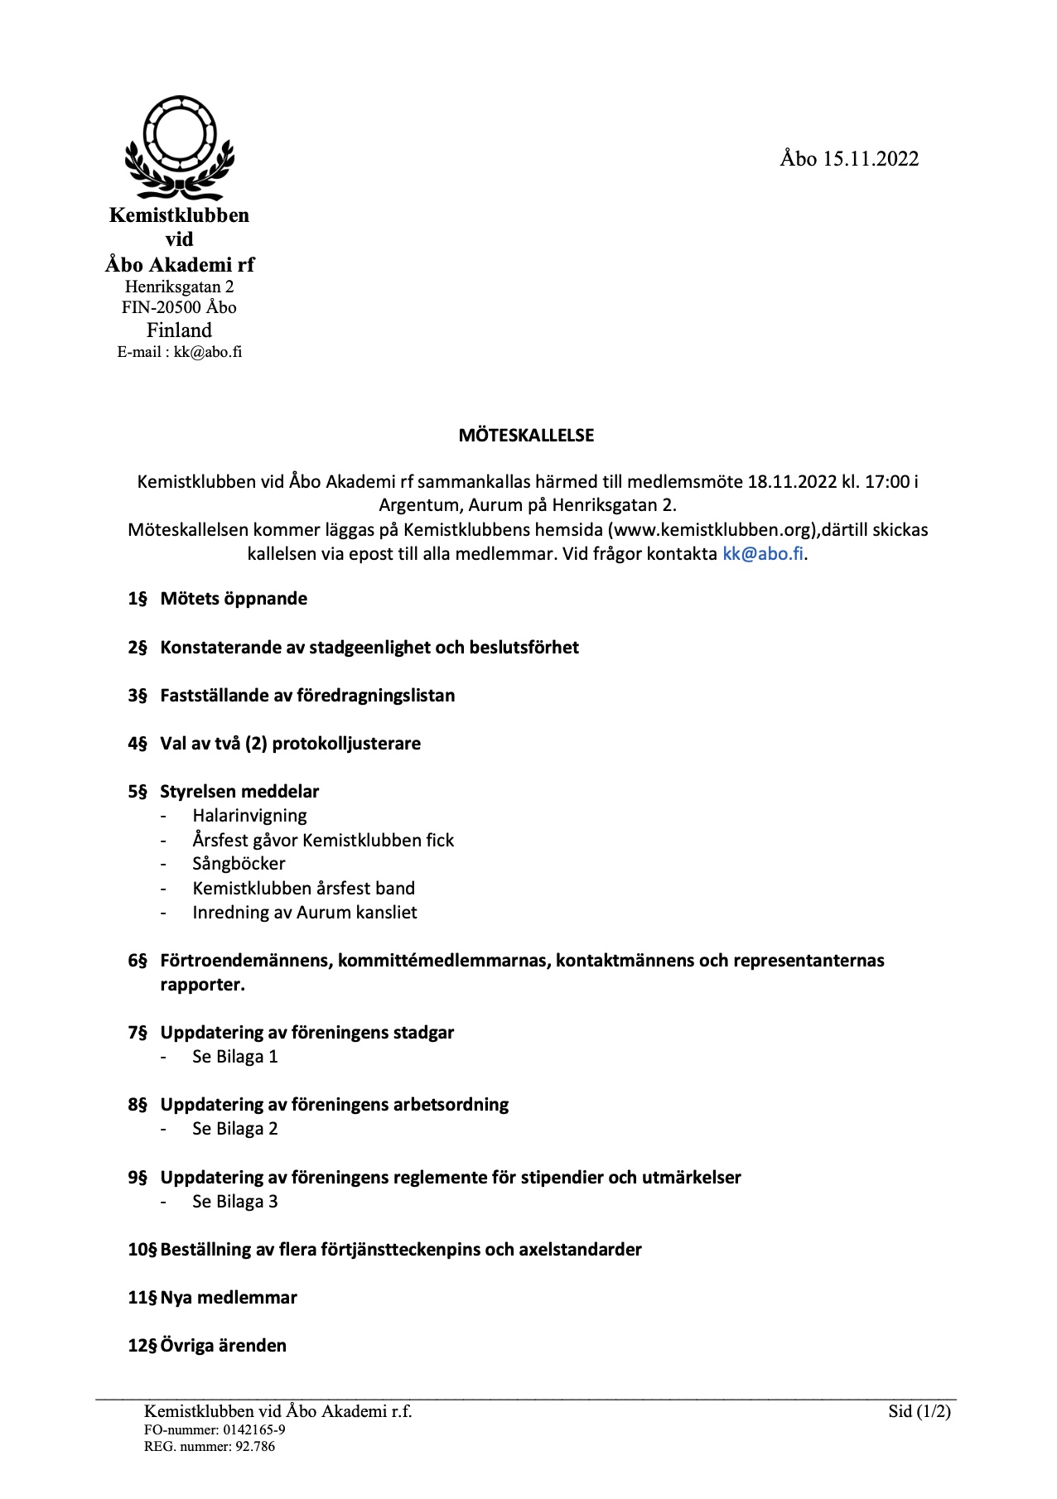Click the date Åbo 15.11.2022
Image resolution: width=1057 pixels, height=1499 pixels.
(x=849, y=159)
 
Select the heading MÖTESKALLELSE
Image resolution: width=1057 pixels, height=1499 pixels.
(x=526, y=436)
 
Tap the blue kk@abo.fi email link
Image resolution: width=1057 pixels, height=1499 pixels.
(x=763, y=554)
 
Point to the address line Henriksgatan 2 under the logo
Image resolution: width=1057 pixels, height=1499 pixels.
(x=179, y=287)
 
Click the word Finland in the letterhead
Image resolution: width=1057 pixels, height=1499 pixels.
(x=179, y=330)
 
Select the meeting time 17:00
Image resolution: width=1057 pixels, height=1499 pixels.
(x=885, y=481)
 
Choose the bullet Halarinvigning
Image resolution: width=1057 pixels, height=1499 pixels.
(x=249, y=816)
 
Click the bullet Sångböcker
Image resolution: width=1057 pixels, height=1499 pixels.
(x=239, y=864)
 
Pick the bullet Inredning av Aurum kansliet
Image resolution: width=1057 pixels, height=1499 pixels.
(x=304, y=913)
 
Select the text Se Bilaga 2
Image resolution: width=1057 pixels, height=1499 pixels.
(x=234, y=1129)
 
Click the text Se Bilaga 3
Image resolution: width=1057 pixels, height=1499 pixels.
(x=234, y=1202)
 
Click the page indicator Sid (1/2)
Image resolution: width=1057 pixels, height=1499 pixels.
(x=919, y=1411)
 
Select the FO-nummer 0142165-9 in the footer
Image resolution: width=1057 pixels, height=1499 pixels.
(x=215, y=1429)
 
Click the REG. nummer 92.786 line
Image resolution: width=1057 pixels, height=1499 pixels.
(x=209, y=1447)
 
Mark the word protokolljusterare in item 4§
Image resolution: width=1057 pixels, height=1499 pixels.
(x=346, y=744)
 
